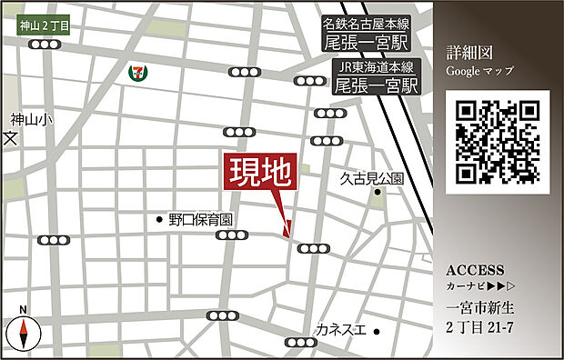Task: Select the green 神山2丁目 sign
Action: click(x=44, y=27)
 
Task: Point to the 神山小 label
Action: click(x=32, y=119)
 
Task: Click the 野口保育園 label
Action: click(x=201, y=219)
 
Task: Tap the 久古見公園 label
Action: click(x=372, y=178)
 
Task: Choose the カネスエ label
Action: click(x=341, y=329)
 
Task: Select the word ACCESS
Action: click(x=475, y=270)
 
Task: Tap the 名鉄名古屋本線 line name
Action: click(x=367, y=25)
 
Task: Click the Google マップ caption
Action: click(x=479, y=71)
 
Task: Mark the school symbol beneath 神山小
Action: click(x=11, y=139)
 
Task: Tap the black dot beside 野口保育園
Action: click(x=159, y=218)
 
